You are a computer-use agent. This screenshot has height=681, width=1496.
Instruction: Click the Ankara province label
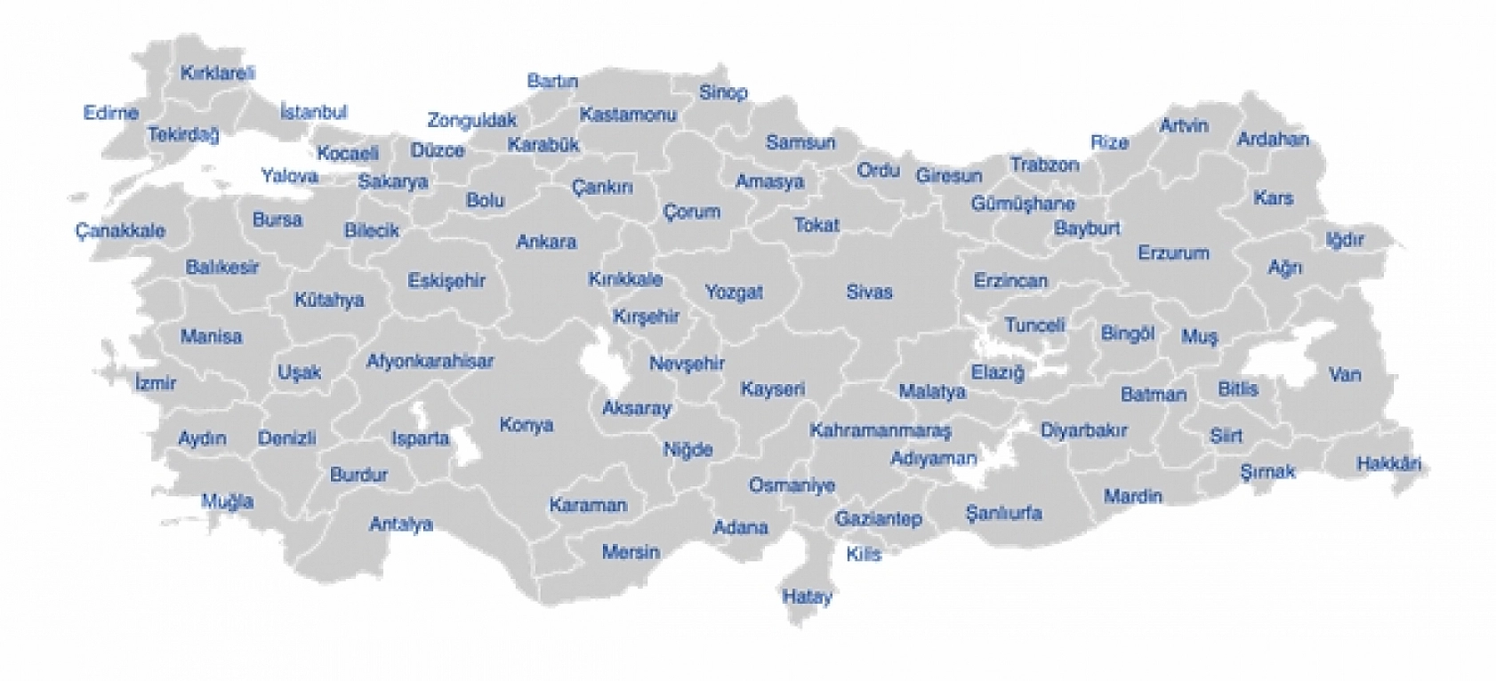(546, 242)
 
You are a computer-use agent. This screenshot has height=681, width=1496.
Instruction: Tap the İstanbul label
(313, 113)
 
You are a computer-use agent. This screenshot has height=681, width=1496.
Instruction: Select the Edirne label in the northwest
(111, 113)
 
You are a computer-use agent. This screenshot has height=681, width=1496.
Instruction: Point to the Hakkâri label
(1388, 463)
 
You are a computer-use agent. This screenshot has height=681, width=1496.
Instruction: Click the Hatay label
(807, 596)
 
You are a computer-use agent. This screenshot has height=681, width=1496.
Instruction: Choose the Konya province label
(527, 425)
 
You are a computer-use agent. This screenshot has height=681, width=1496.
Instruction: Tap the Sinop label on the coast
(723, 92)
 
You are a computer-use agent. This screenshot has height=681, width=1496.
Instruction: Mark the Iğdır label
(1344, 238)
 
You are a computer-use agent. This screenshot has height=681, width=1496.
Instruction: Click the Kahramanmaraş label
(880, 431)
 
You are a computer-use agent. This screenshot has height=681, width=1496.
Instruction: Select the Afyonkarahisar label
(430, 362)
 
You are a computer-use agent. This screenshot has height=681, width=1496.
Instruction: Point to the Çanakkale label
(120, 231)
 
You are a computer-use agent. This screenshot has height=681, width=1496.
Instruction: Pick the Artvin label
(1184, 125)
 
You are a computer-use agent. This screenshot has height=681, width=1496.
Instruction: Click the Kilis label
(863, 554)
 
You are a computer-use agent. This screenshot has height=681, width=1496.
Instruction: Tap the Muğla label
(227, 501)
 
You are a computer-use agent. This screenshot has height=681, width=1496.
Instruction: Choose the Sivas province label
(869, 292)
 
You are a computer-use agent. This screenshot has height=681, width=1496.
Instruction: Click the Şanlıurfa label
(1003, 513)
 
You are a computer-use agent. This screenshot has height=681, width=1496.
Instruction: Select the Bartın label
(552, 81)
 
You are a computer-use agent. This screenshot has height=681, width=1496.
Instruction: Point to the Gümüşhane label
(1023, 204)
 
